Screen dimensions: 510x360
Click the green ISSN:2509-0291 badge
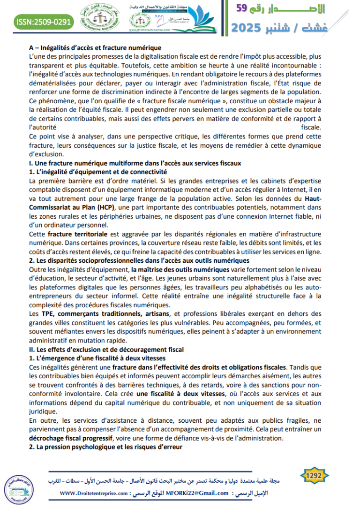coord(45,21)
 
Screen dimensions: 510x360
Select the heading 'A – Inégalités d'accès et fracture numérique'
coord(95,47)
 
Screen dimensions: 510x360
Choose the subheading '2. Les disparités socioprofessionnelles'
coord(139,260)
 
